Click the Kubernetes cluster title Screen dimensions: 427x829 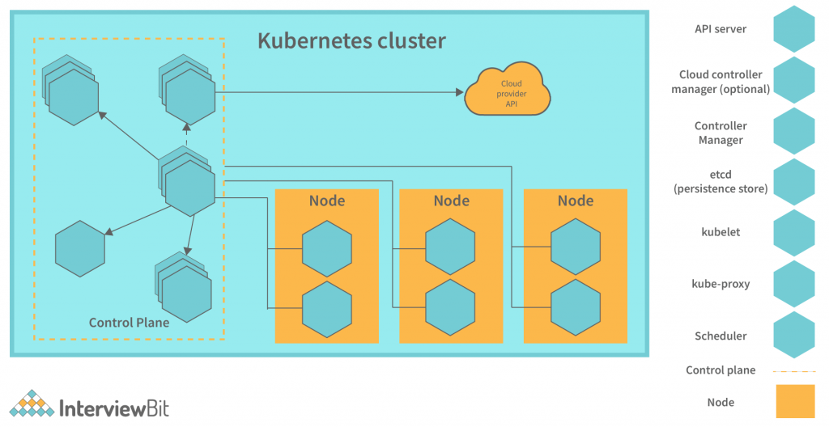[x=351, y=40]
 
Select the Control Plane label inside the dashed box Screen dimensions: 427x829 [x=130, y=323]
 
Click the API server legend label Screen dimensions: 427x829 [x=721, y=29]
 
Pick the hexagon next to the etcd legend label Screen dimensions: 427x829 [x=793, y=182]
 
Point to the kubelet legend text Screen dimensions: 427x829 [x=721, y=232]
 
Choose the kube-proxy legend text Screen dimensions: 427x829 [x=721, y=284]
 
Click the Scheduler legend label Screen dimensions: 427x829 [x=721, y=336]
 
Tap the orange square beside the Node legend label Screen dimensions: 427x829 [x=794, y=402]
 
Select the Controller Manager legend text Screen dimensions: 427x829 [x=721, y=133]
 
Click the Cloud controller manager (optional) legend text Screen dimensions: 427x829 [x=721, y=82]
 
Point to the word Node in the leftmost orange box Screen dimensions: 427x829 [x=326, y=201]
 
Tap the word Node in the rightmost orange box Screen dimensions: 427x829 [x=576, y=201]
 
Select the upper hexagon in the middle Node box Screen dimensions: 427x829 [x=451, y=247]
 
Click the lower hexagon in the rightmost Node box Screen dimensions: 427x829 [x=576, y=308]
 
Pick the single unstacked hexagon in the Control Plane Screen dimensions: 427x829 [x=80, y=247]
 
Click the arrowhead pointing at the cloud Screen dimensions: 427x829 [x=458, y=92]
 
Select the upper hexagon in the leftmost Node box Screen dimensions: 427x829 [x=326, y=247]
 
